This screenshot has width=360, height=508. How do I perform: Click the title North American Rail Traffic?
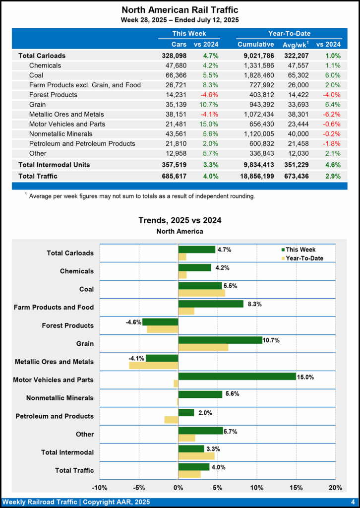pyautogui.click(x=180, y=10)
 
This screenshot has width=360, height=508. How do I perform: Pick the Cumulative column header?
pyautogui.click(x=255, y=45)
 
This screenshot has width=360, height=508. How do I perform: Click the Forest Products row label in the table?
pyautogui.click(x=53, y=95)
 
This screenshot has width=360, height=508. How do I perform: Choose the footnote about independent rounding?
pyautogui.click(x=141, y=196)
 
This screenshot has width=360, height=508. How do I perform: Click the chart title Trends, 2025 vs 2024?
pyautogui.click(x=180, y=220)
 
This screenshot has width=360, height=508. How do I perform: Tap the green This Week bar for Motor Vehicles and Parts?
pyautogui.click(x=237, y=376)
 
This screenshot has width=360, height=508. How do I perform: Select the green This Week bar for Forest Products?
pyautogui.click(x=160, y=322)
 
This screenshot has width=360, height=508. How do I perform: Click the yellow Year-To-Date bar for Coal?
pyautogui.click(x=201, y=293)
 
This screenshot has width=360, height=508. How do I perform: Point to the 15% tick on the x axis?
pyautogui.click(x=296, y=487)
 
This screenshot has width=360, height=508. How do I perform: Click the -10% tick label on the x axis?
pyautogui.click(x=100, y=487)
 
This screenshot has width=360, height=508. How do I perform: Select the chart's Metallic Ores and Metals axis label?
pyautogui.click(x=54, y=362)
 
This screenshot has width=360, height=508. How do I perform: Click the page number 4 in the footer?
pyautogui.click(x=352, y=502)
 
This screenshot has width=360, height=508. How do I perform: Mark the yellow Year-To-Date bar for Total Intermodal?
pyautogui.click(x=196, y=455)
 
